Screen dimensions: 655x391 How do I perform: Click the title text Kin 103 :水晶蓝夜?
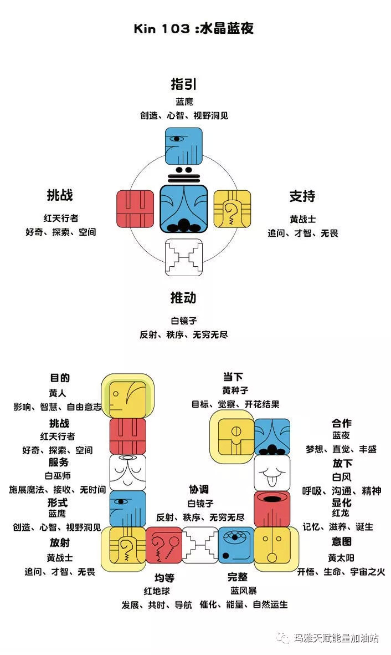[x=194, y=29]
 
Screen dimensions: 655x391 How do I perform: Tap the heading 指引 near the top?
[x=184, y=84]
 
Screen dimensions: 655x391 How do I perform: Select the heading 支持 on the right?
[x=302, y=196]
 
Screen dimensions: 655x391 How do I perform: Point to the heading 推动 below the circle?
[x=183, y=298]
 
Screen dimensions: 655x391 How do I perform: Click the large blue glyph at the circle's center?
[x=184, y=209]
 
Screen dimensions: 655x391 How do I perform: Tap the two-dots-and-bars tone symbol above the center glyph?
[x=184, y=174]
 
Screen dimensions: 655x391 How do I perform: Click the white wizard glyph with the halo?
[x=128, y=472]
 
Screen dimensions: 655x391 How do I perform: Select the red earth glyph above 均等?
[x=164, y=545]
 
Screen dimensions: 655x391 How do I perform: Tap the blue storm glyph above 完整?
[x=236, y=545]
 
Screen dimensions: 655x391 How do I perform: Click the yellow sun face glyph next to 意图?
[x=272, y=545]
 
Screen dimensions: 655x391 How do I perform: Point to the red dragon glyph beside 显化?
[x=272, y=509]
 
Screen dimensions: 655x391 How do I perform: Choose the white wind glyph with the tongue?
[x=272, y=473]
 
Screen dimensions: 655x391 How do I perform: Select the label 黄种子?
[x=233, y=391]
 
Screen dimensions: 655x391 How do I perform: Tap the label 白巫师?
[x=58, y=476]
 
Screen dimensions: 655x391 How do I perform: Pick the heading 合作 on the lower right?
[x=342, y=423]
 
